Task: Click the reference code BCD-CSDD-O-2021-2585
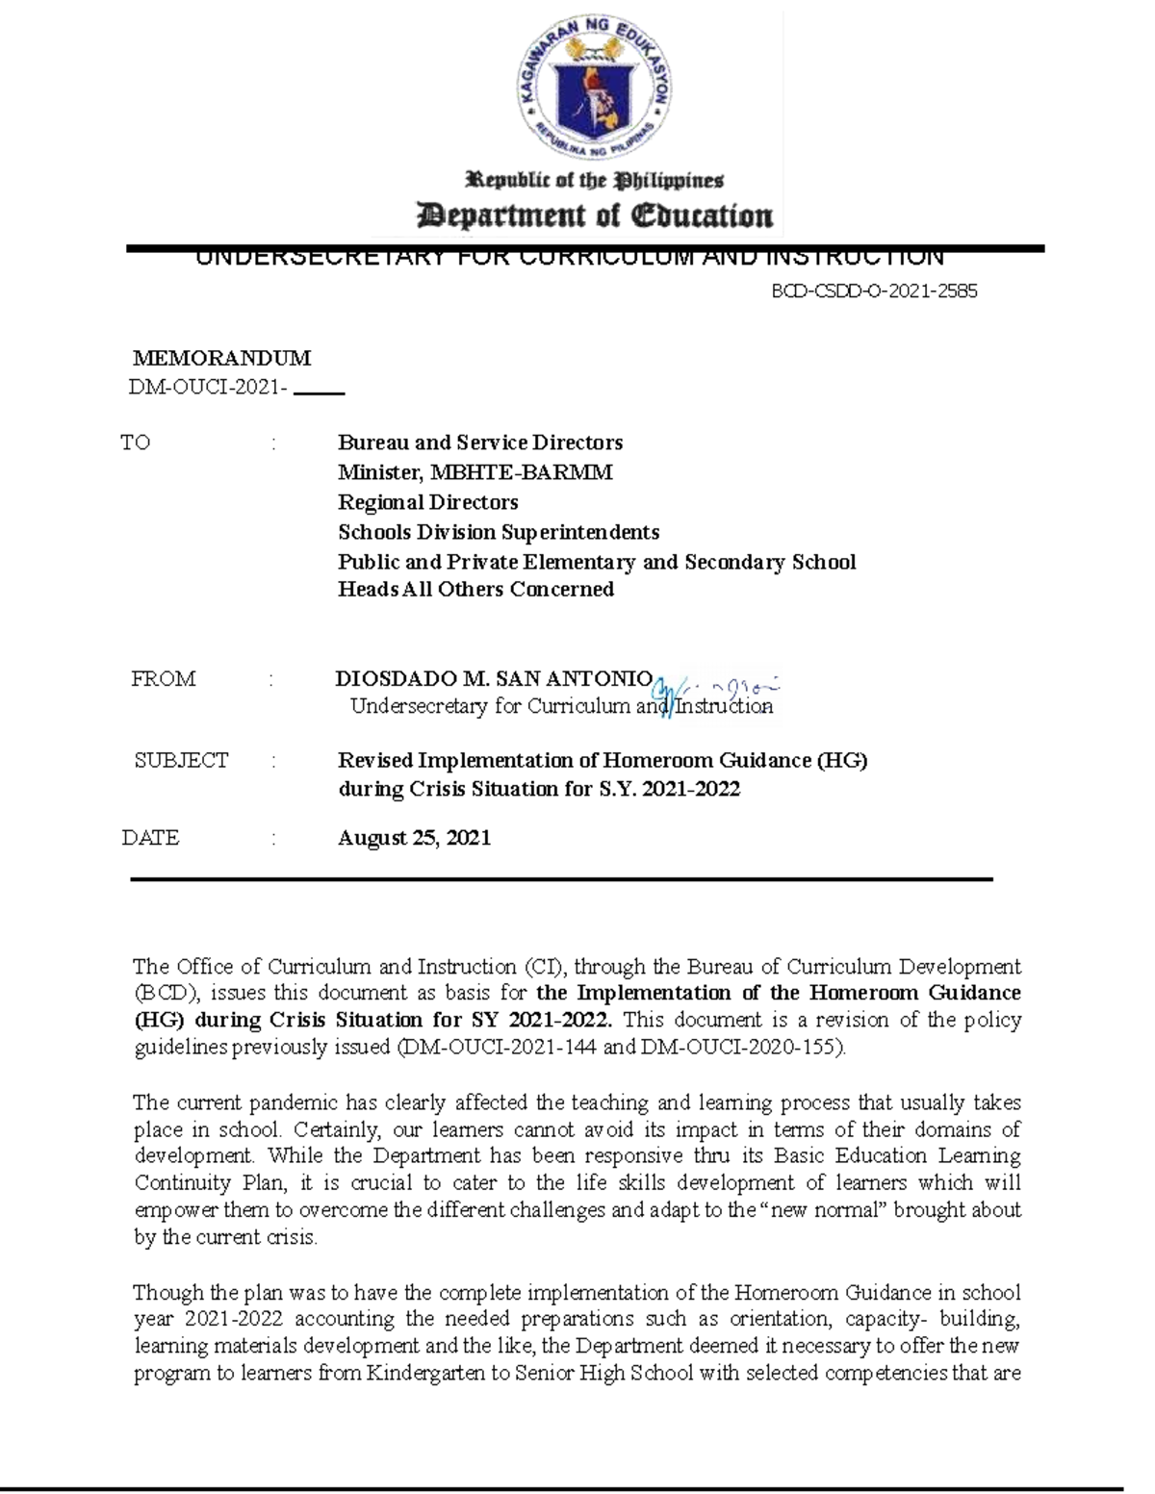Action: point(874,291)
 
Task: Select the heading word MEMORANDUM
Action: point(221,359)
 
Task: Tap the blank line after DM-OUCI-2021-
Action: point(318,392)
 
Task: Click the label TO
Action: point(136,443)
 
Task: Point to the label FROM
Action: point(164,679)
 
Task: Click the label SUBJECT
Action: point(181,761)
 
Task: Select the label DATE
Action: point(151,838)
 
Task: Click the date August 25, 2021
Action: point(414,838)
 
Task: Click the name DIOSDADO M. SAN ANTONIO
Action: point(494,678)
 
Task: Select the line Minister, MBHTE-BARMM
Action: point(475,472)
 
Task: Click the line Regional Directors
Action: point(427,502)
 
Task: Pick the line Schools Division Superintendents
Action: point(499,532)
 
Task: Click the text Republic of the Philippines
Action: point(594,180)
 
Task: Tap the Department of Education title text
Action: point(594,215)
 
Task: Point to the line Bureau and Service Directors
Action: point(479,443)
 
